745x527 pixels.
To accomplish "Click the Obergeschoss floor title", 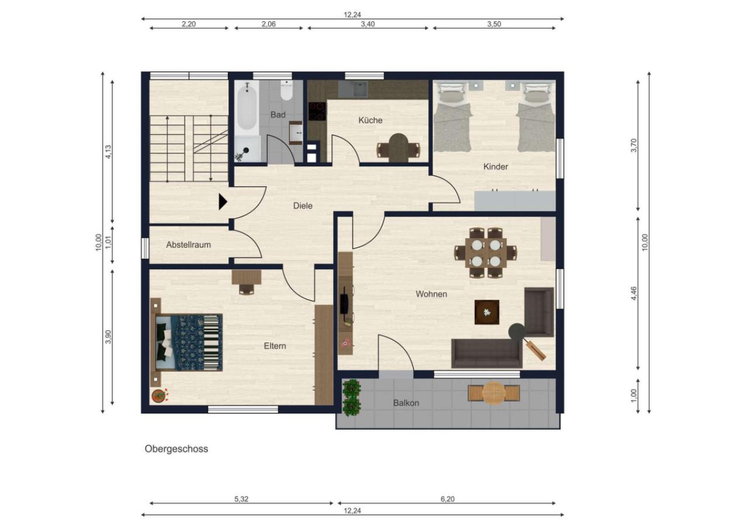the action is pos(176,449).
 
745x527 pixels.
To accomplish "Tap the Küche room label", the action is pos(370,120).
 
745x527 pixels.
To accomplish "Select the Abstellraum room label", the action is pos(188,245).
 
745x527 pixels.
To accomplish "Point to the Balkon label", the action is pos(406,403).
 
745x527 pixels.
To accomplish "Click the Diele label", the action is pos(303,206).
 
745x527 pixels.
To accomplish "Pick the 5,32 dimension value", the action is pos(241,499).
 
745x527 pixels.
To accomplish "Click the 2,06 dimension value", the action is pos(268,24).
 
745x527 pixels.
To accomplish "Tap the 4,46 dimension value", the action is pos(634,293).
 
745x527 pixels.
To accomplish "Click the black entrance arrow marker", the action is pos(223,202).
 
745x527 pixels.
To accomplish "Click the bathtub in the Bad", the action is pos(247,108).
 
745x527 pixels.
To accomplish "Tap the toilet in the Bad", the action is pos(286,90).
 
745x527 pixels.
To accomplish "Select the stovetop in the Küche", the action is pos(317,111).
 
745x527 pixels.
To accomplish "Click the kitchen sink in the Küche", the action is pos(353,89).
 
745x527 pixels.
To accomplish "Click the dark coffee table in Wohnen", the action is pos(487,312).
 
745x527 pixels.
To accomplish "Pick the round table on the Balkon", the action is pos(494,393).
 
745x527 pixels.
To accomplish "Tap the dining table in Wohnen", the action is pos(486,253).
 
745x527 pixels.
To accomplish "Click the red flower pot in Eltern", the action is pos(159,396).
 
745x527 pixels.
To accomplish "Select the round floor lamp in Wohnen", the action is pos(517,332).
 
